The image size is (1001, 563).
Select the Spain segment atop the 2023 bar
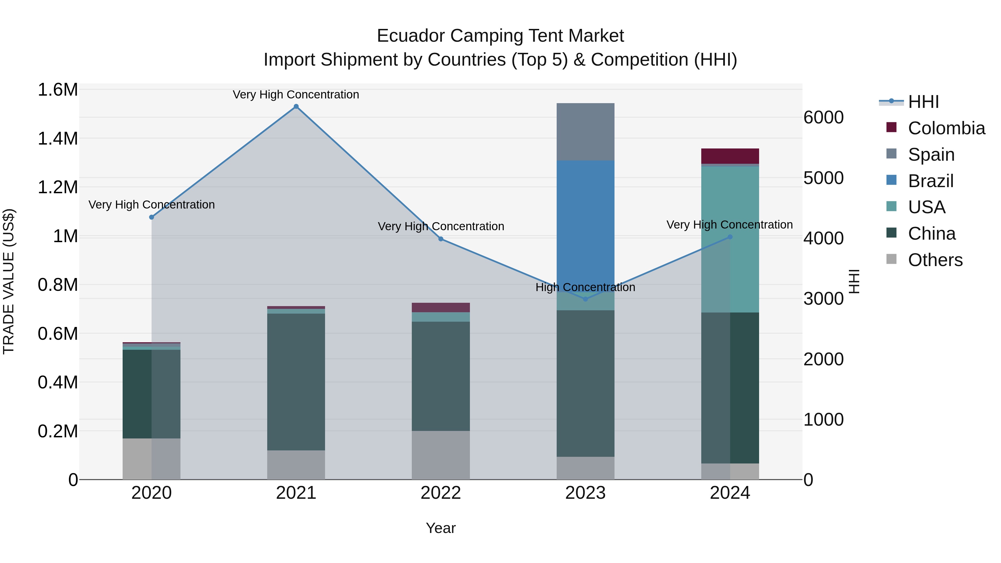tap(585, 131)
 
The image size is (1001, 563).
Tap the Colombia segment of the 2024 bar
tap(730, 156)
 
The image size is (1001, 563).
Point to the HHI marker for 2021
tap(296, 106)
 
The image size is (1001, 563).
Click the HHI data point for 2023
tap(586, 299)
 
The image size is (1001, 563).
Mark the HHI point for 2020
tap(152, 217)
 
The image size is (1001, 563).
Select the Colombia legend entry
tap(946, 128)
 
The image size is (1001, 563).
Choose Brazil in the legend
tap(930, 181)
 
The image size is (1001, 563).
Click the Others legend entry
tap(935, 260)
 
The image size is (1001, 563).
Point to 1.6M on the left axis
tap(58, 90)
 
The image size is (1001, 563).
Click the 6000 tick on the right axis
tap(823, 117)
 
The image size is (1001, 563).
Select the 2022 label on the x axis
tap(441, 493)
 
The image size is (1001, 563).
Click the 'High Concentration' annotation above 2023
tap(585, 287)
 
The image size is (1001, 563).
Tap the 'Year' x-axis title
tap(441, 528)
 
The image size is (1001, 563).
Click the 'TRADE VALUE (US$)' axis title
tap(9, 281)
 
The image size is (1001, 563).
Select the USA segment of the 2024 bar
tap(730, 239)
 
